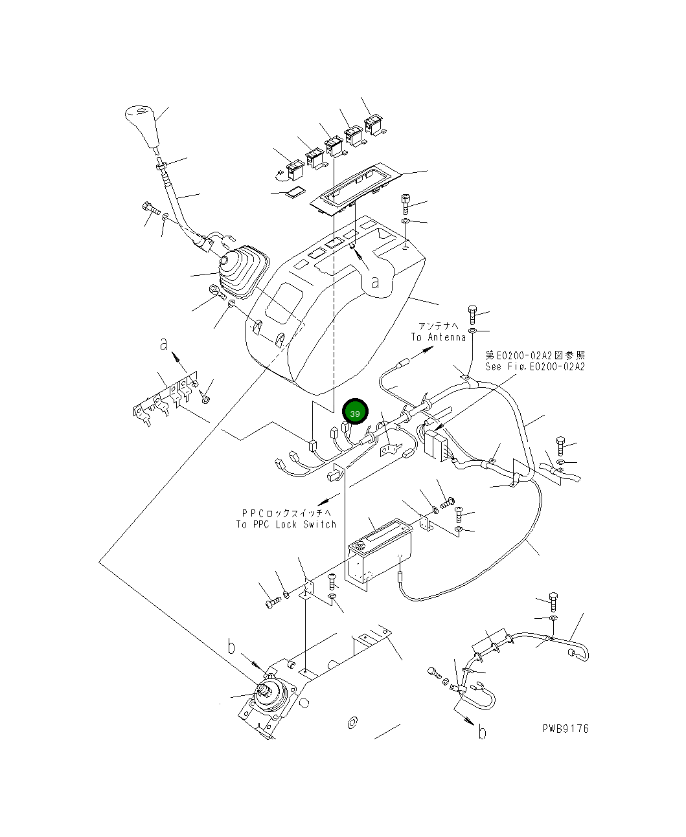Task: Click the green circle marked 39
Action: click(x=354, y=412)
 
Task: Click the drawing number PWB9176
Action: click(x=566, y=728)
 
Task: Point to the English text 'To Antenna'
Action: click(x=438, y=337)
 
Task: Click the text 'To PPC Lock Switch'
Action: click(x=286, y=524)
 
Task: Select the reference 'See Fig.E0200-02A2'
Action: click(x=535, y=366)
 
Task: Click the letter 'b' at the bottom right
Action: click(x=481, y=732)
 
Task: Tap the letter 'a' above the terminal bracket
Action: click(x=165, y=344)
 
